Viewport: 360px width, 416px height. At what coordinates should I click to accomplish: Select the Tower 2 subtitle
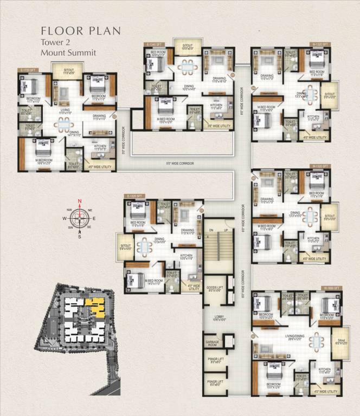coord(56,42)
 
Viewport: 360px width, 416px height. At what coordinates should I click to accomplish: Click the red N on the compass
coord(80,201)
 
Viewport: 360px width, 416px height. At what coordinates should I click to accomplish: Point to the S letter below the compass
coord(80,236)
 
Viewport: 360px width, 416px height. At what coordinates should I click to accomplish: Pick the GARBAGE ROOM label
coord(212,344)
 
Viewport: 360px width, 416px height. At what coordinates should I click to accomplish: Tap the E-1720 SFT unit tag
coord(28,70)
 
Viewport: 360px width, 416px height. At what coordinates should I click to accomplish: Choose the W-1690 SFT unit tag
coord(331,288)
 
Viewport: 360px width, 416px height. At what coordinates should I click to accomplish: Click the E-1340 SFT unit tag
coord(153,44)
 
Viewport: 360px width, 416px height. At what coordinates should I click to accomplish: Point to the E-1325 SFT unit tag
coord(134,196)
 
